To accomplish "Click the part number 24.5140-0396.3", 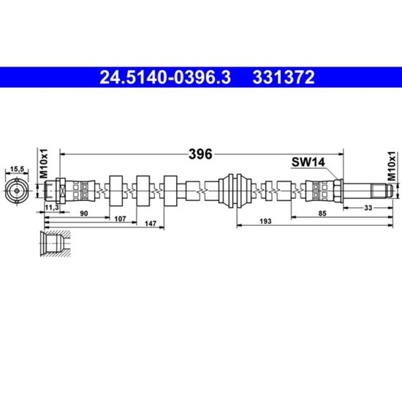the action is click(x=165, y=77).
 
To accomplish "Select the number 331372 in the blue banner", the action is click(x=284, y=77).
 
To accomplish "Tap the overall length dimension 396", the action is click(x=200, y=154).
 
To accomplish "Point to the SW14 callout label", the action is click(x=308, y=162).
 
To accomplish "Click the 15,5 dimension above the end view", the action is click(x=17, y=169).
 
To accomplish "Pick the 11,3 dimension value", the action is click(x=52, y=208).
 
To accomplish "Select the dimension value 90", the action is click(x=84, y=213).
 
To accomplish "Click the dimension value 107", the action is click(x=120, y=219).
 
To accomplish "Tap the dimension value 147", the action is click(x=151, y=224).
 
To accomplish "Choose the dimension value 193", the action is click(x=265, y=221).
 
